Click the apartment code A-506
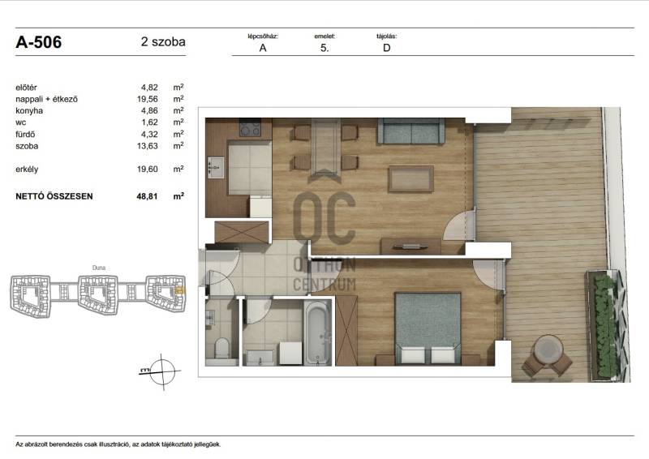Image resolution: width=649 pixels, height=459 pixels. [38, 42]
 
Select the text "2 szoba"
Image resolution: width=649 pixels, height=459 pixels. [163, 42]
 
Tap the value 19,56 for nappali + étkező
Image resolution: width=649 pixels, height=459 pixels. [148, 99]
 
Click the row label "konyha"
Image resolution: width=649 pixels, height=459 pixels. [29, 110]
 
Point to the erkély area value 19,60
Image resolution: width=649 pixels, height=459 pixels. [148, 169]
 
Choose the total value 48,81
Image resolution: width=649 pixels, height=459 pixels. [147, 196]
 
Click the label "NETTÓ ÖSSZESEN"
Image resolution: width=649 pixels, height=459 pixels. [54, 196]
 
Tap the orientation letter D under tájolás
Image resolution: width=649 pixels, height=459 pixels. [387, 48]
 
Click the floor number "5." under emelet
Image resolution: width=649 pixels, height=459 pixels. [324, 48]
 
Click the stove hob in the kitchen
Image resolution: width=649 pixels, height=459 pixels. [250, 128]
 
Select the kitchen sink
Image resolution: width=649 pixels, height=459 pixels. [215, 168]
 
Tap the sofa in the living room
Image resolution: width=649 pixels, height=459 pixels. [410, 131]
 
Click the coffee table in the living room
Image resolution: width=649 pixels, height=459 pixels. [410, 178]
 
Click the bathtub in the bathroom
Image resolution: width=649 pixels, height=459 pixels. [317, 333]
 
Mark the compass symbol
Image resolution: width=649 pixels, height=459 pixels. [161, 371]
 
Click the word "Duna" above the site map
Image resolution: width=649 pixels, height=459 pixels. [98, 268]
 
